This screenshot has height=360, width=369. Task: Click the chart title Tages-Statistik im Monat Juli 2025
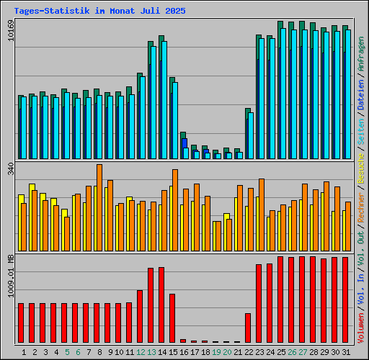coord(99,11)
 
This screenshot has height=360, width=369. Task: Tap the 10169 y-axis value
coord(11,30)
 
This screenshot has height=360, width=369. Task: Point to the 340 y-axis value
coord(11,168)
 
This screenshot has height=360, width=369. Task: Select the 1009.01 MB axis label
coord(11,276)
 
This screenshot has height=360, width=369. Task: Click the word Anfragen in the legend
coord(361,54)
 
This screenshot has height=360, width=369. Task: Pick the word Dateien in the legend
coord(361,95)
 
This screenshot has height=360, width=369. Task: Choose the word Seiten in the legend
coord(361,132)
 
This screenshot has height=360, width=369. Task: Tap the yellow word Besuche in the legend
coord(361,168)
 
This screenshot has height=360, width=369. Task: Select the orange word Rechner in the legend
coord(361,207)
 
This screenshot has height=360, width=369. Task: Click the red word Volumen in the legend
coord(361,328)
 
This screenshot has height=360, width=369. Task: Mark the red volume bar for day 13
coord(151,305)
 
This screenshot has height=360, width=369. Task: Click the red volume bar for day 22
coord(248,328)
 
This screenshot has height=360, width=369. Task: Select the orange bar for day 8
coord(99,207)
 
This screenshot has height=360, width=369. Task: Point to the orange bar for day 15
coord(175,210)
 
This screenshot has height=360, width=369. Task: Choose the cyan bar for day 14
coord(164,100)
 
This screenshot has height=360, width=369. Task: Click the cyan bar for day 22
coord(251,135)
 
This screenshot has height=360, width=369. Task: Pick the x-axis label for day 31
coord(346,352)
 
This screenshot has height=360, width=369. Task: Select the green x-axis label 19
coord(216,352)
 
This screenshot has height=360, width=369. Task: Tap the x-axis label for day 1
coord(24,352)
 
